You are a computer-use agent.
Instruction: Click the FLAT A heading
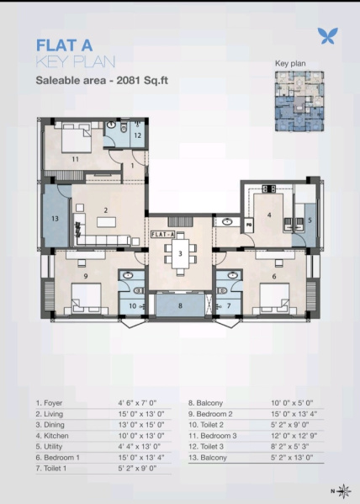(64, 45)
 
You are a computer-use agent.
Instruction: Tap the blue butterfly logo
(327, 35)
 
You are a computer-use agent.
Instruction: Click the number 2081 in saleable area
(128, 81)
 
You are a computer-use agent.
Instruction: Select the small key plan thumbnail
(299, 101)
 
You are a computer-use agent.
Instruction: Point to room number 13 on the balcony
(55, 219)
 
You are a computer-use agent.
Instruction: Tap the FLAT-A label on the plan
(163, 234)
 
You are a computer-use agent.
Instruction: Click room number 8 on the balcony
(180, 305)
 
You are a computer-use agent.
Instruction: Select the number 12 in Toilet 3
(138, 135)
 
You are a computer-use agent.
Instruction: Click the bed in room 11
(77, 138)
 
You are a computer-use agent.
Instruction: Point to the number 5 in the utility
(310, 220)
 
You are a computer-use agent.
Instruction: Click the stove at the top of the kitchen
(268, 188)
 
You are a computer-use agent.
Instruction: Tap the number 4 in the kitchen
(269, 215)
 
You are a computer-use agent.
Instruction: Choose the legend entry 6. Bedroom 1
(58, 458)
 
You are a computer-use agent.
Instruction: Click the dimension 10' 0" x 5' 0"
(292, 403)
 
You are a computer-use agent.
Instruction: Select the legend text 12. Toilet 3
(206, 447)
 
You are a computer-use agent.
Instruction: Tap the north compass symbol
(344, 491)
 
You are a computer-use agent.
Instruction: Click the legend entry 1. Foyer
(49, 403)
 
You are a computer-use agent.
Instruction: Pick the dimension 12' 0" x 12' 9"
(294, 436)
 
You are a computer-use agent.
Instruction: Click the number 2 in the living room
(106, 210)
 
